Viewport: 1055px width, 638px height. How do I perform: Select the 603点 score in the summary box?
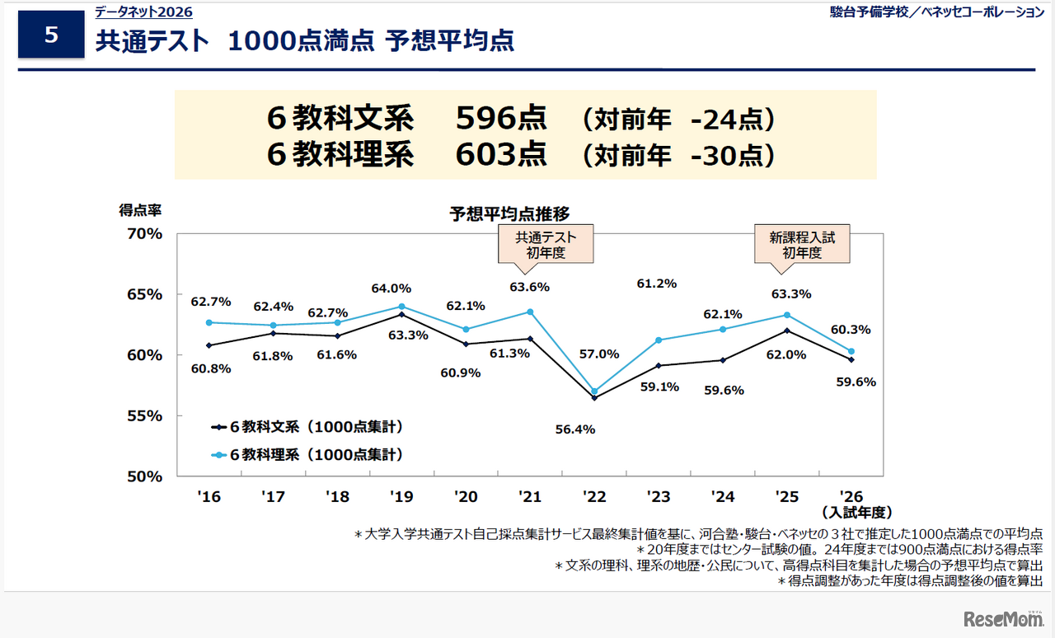pyautogui.click(x=501, y=155)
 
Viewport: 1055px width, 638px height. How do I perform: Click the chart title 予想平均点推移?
pyautogui.click(x=509, y=214)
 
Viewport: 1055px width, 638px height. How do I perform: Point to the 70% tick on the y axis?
pyautogui.click(x=145, y=234)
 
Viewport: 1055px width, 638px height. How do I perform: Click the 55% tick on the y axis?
pyautogui.click(x=145, y=416)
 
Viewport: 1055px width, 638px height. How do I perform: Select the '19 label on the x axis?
pyautogui.click(x=401, y=497)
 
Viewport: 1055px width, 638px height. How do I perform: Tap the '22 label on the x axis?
pyautogui.click(x=594, y=497)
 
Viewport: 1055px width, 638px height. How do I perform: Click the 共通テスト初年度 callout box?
pyautogui.click(x=546, y=245)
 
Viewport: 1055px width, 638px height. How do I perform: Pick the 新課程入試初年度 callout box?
pyautogui.click(x=802, y=245)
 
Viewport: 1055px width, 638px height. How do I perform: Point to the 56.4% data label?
pyautogui.click(x=574, y=429)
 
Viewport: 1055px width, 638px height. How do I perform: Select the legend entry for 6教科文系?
pyautogui.click(x=307, y=427)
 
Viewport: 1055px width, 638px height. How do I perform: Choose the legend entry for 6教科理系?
pyautogui.click(x=307, y=454)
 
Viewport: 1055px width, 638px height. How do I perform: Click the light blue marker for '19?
pyautogui.click(x=401, y=307)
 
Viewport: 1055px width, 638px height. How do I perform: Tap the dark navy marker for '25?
pyautogui.click(x=787, y=331)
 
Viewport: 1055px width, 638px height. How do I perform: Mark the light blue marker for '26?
pyautogui.click(x=851, y=351)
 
